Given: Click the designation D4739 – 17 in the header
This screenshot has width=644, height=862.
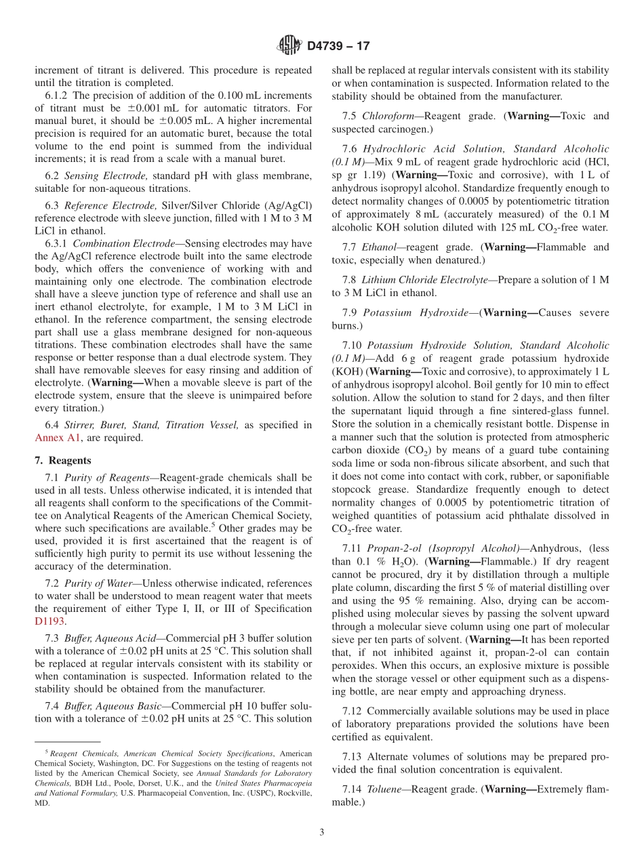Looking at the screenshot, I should pos(338,47).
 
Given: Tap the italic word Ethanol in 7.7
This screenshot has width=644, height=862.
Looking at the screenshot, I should pos(379,247).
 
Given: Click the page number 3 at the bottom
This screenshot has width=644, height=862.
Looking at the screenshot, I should pos(322,832).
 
